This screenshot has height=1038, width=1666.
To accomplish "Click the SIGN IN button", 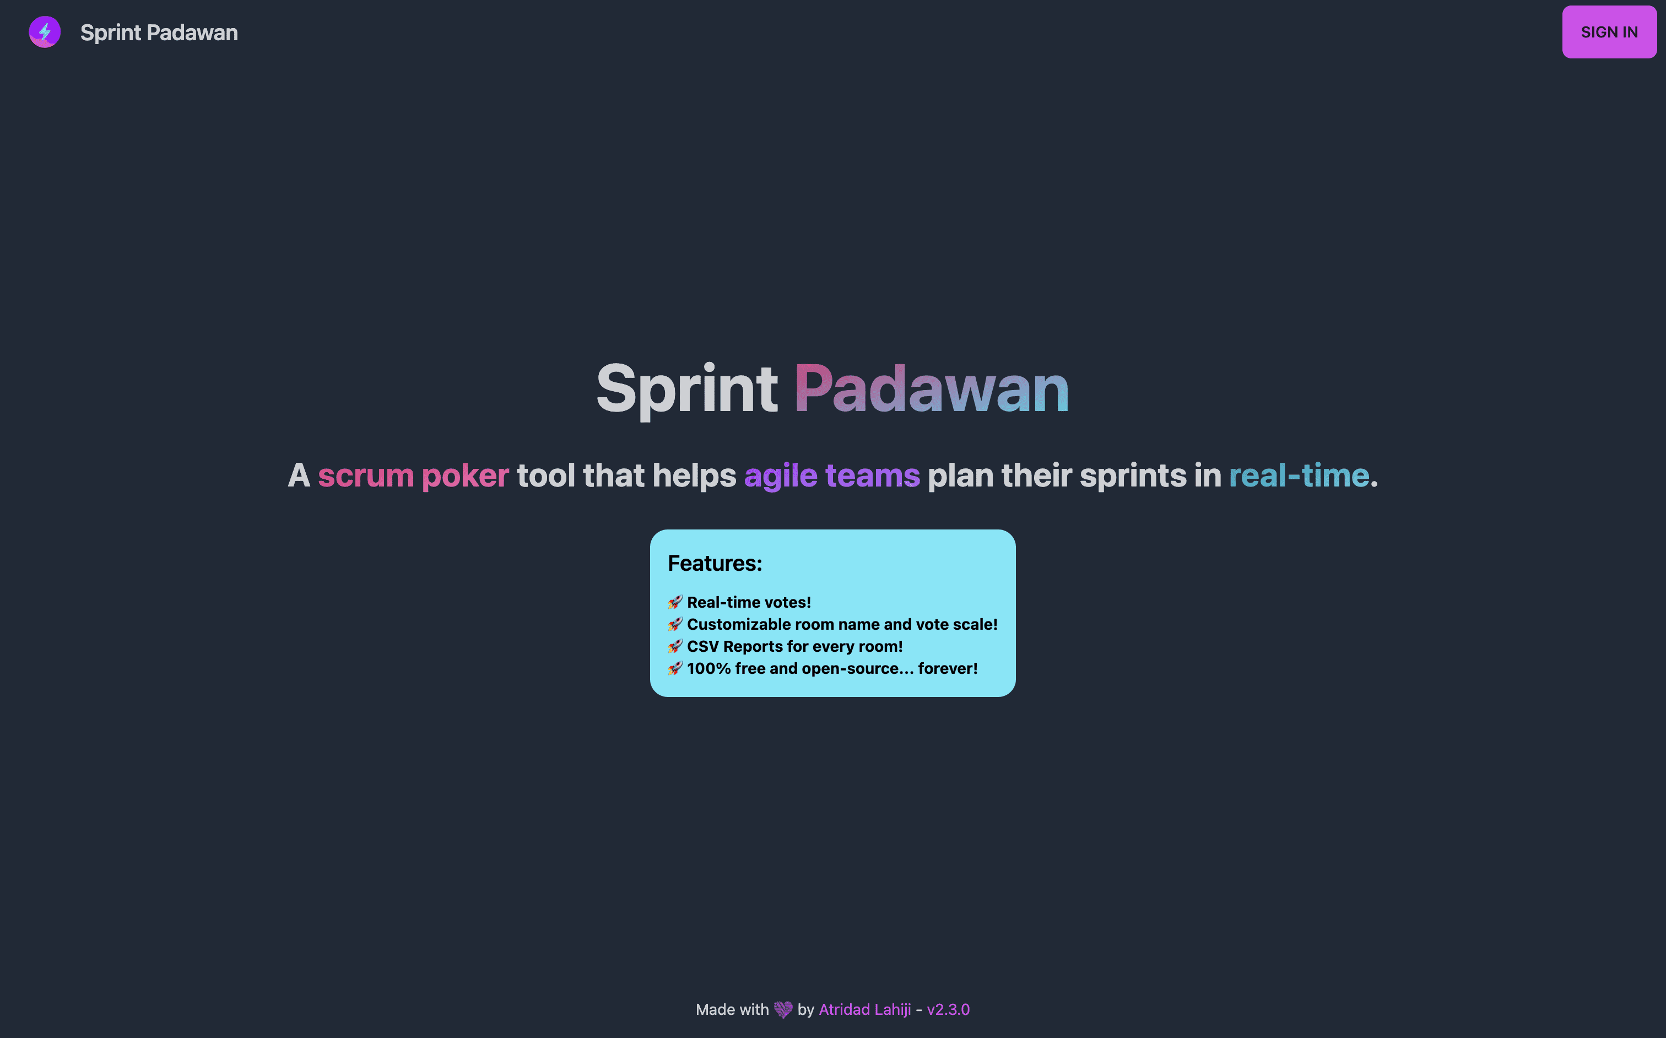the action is (1609, 33).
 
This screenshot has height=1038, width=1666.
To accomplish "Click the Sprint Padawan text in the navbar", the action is (159, 33).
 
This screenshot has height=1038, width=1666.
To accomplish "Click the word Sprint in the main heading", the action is (686, 390).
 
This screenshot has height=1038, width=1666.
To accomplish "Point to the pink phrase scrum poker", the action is (413, 475).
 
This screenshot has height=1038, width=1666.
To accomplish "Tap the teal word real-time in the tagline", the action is (1299, 475).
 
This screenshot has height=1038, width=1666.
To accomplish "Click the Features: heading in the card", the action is (715, 563).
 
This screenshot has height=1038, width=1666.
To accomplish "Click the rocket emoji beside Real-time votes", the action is (675, 602).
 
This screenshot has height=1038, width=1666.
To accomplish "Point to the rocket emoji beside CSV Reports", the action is (675, 647).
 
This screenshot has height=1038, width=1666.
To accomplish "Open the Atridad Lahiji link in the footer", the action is (865, 1009).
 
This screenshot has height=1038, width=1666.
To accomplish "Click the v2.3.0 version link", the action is (948, 1009).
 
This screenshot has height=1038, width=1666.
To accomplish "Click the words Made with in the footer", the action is (732, 1009).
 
